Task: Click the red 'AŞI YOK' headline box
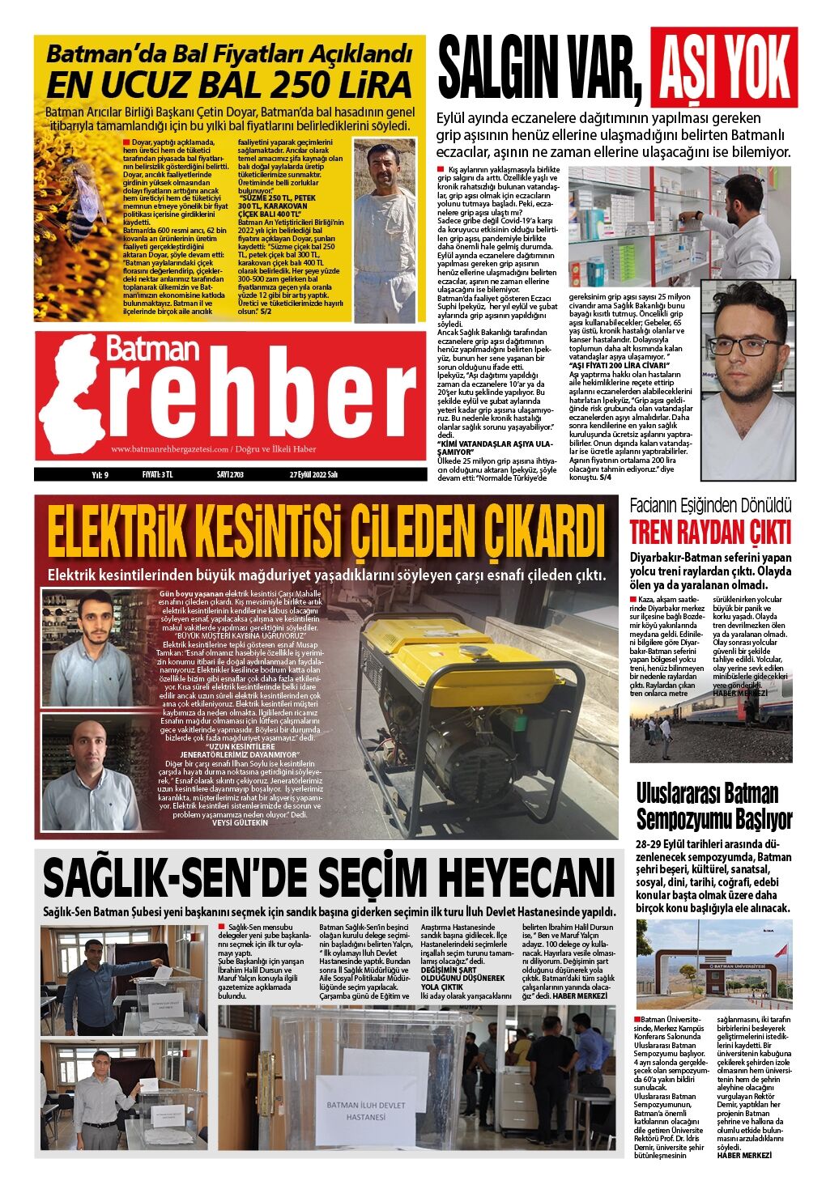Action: click(727, 67)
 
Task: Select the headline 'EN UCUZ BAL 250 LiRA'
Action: click(229, 84)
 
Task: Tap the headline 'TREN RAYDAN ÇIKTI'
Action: click(710, 533)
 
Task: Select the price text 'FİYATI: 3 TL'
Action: click(157, 475)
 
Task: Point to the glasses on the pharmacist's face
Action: click(747, 346)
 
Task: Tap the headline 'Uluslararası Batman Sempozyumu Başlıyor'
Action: click(713, 806)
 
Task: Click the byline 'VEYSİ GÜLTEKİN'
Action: click(239, 822)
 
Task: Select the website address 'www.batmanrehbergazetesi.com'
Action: click(169, 449)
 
